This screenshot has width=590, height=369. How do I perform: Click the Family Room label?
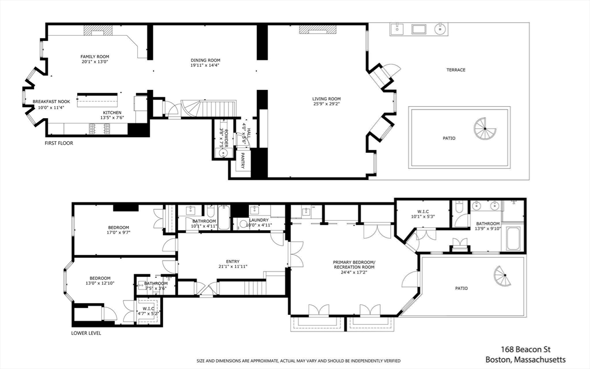95,57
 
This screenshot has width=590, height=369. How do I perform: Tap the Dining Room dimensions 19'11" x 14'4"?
205,65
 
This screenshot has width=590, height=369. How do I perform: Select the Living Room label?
326,99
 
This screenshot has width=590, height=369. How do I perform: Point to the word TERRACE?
456,70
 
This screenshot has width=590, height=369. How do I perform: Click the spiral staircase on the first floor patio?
485,129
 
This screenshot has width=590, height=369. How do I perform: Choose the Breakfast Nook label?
51,101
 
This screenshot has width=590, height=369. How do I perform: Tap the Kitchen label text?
112,112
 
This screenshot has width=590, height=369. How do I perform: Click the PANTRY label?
243,160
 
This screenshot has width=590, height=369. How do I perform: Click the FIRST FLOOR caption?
59,143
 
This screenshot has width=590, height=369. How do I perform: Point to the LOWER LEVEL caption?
86,333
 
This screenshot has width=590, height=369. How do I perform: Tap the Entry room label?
233,262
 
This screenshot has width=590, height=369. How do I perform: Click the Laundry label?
259,220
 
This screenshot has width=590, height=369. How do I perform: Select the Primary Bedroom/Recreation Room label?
354,265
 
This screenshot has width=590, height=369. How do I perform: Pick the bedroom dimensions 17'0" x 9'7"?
119,232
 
